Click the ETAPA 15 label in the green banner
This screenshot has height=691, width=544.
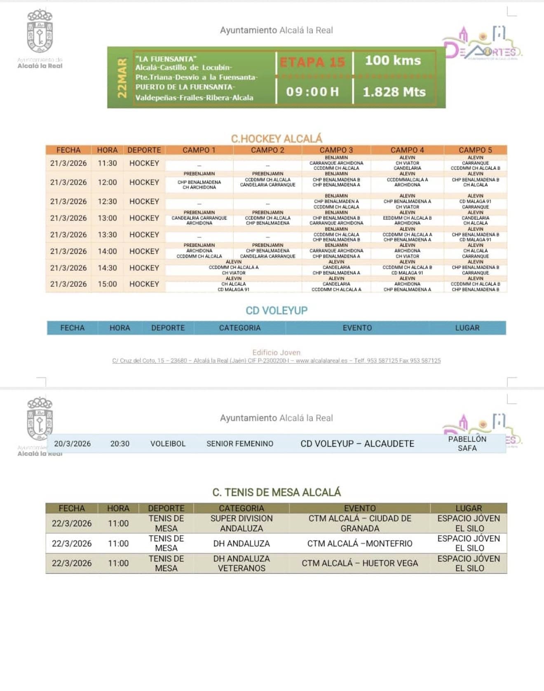point(312,62)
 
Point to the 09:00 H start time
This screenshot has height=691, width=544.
point(312,91)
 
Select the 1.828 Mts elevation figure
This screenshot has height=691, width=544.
point(394,92)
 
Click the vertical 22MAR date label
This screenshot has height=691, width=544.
point(122,78)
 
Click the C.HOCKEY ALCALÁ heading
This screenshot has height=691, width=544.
point(277,138)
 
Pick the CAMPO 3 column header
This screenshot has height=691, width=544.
point(336,150)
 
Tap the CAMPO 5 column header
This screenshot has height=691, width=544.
point(475,150)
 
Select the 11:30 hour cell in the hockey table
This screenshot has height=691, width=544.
point(107,163)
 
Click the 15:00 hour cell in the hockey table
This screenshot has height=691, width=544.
point(107,284)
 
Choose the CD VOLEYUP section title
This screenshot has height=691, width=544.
point(277,310)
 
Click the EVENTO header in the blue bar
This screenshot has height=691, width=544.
point(357,328)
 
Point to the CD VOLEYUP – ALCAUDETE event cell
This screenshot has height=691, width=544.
point(357,444)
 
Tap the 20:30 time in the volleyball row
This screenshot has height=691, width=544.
point(120,444)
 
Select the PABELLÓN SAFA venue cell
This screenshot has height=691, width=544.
point(467,444)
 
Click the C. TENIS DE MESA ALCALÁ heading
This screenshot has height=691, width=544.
point(277,492)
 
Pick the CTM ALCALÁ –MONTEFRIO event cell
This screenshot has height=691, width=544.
point(360,543)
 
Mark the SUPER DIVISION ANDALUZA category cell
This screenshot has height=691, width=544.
point(242,523)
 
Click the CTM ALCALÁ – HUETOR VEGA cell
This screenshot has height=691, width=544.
point(360,563)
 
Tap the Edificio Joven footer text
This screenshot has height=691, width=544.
point(277,352)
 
